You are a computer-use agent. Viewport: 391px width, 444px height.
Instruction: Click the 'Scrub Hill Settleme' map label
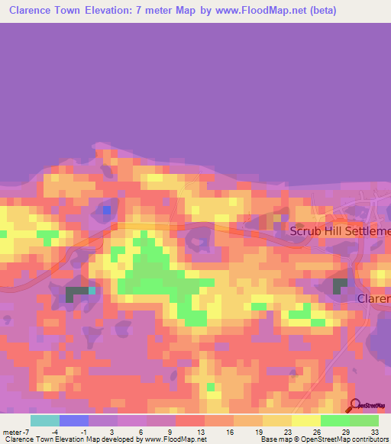click(340, 230)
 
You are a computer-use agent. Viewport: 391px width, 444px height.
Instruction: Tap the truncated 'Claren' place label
click(374, 298)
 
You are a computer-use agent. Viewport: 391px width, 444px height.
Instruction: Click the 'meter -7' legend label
click(16, 431)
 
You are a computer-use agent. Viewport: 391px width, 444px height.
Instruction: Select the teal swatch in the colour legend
click(44, 420)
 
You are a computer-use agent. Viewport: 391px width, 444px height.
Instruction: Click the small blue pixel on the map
click(107, 209)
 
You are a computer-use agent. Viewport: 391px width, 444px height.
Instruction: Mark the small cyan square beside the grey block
click(92, 290)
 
